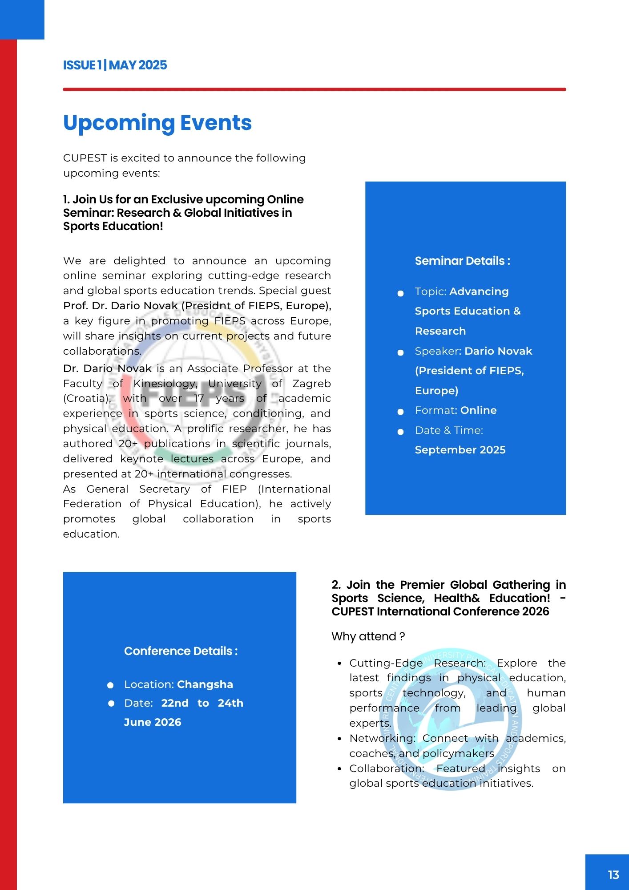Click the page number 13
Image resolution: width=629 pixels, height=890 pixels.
click(x=613, y=875)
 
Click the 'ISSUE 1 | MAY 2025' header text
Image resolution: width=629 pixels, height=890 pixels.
click(x=115, y=65)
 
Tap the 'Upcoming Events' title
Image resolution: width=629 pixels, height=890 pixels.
click(x=157, y=123)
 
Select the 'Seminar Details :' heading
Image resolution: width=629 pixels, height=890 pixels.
click(x=462, y=261)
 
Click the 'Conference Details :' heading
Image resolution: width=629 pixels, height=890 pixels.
click(x=181, y=651)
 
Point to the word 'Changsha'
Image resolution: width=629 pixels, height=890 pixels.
click(x=205, y=684)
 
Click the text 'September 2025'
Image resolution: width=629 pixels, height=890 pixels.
click(x=460, y=450)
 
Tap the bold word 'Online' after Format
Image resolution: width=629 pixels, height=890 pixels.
click(x=479, y=410)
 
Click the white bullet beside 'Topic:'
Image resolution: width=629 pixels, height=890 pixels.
click(x=400, y=293)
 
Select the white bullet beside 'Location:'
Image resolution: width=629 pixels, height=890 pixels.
click(x=110, y=685)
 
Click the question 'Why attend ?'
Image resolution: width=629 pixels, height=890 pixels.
click(x=368, y=636)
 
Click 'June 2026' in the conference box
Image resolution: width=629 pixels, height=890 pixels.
click(x=153, y=722)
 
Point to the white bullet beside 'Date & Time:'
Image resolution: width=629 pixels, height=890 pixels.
click(x=400, y=432)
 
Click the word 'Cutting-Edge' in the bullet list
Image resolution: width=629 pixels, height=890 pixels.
click(x=386, y=663)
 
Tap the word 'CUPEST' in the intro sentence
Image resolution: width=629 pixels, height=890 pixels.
click(x=85, y=158)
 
